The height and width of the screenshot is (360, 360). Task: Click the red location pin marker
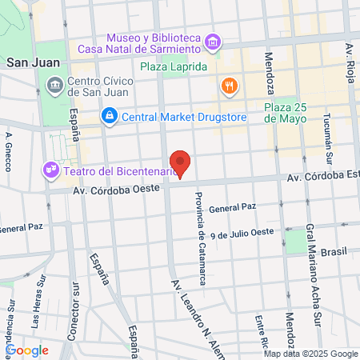pyautogui.click(x=181, y=164)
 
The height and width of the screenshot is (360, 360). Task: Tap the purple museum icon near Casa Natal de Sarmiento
pyautogui.click(x=213, y=42)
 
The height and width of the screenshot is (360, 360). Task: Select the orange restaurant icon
pyautogui.click(x=229, y=85)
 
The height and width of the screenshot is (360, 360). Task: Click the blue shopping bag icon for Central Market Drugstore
pyautogui.click(x=109, y=117)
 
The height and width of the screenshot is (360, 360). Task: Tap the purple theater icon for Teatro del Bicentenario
pyautogui.click(x=50, y=170)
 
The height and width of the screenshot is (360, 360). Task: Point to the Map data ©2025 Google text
pyautogui.click(x=311, y=354)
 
